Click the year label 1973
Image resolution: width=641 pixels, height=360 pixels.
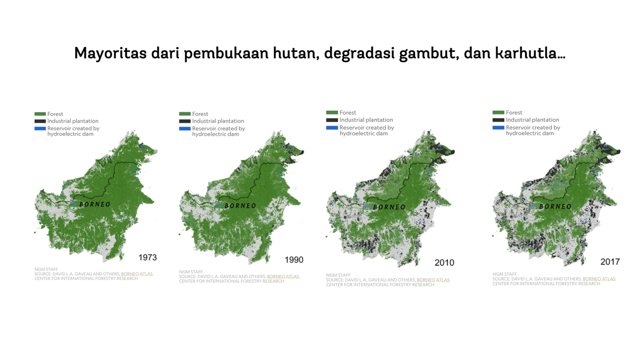(x=147, y=257)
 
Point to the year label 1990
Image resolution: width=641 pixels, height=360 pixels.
(x=294, y=260)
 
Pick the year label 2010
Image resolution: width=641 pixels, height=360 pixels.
(x=444, y=262)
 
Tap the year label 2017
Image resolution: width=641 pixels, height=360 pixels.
(x=609, y=262)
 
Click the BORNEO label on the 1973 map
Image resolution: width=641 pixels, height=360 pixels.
(x=95, y=204)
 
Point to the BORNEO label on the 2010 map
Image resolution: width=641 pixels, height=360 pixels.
(x=389, y=207)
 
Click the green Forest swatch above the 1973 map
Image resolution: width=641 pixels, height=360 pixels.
(x=40, y=114)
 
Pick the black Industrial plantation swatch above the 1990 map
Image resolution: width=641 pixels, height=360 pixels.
(x=185, y=121)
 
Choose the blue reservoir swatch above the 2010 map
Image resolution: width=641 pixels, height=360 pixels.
(x=332, y=128)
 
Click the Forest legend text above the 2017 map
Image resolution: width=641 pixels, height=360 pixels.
(x=514, y=113)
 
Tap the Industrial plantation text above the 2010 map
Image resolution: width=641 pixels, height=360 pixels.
(x=366, y=120)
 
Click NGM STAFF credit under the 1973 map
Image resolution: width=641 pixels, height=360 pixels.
(x=46, y=269)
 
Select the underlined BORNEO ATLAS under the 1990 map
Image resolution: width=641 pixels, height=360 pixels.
(x=283, y=277)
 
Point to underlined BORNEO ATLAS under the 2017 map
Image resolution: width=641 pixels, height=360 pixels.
(x=599, y=279)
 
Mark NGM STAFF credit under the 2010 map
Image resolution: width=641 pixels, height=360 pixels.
(x=338, y=275)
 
